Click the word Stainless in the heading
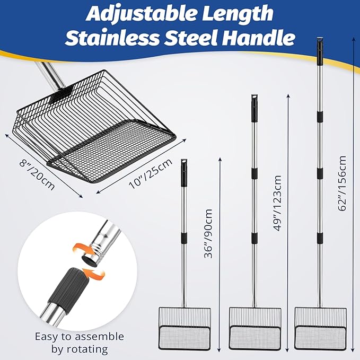tap(112, 37)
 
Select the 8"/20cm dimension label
tap(37, 175)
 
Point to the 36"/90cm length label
tap(208, 233)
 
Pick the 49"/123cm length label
tap(277, 203)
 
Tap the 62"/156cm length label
tap(342, 183)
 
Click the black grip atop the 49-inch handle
tap(254, 108)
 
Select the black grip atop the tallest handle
tap(320, 50)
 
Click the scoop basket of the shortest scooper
tap(185, 328)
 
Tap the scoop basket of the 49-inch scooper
tap(255, 328)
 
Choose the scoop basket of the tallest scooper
tap(321, 328)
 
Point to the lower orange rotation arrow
tap(94, 274)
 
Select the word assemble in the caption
tap(99, 337)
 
